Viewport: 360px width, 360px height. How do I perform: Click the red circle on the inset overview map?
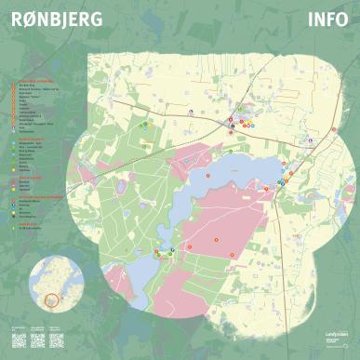pos(51,300)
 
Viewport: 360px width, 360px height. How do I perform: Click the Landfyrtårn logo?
pos(321,336)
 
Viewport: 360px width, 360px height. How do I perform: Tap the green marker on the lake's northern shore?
pos(231,151)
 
